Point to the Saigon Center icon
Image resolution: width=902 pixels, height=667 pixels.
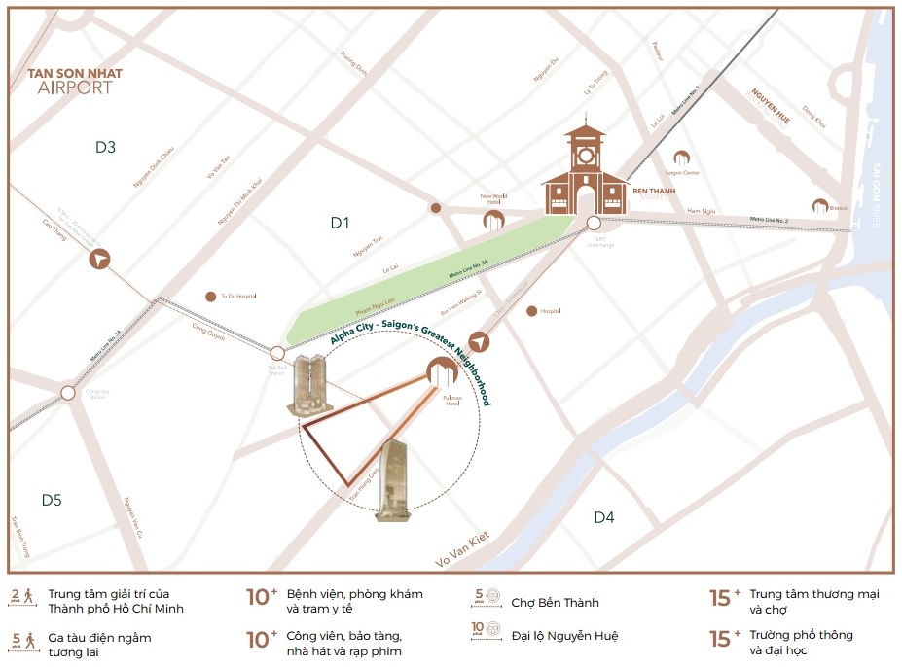pos(682,158)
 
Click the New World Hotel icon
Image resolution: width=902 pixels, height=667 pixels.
pos(494,220)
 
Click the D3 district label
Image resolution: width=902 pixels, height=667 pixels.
pos(105,147)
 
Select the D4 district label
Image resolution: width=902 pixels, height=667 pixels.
pos(603,517)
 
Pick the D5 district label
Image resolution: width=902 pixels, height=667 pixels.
pos(52,500)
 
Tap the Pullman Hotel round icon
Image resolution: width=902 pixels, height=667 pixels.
pos(440,369)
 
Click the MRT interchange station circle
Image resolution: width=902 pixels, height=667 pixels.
pos(594,224)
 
